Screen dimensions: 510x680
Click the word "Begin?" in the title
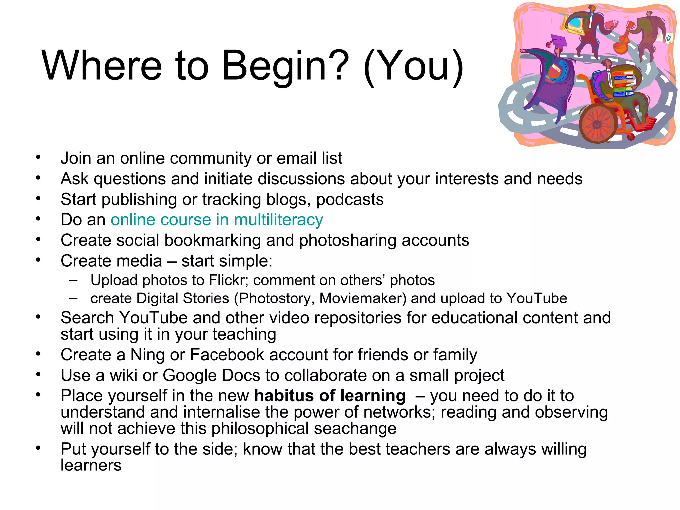click(x=285, y=66)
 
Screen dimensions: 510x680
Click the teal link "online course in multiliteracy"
click(x=216, y=220)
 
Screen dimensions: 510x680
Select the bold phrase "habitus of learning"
click(x=330, y=396)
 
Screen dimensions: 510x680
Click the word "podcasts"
click(x=350, y=200)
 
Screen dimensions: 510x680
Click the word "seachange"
click(x=355, y=428)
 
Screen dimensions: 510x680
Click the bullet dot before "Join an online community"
click(x=39, y=157)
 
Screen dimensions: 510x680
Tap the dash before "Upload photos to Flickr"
click(x=73, y=280)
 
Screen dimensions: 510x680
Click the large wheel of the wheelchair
click(x=597, y=124)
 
